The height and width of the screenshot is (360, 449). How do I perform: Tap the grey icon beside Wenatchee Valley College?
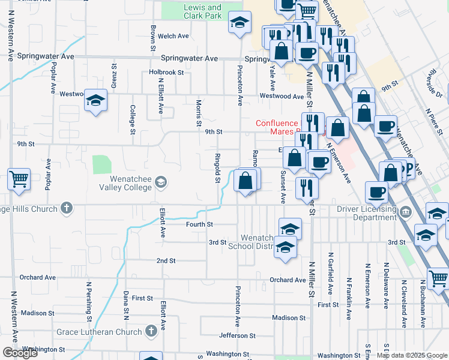pyautogui.click(x=160, y=181)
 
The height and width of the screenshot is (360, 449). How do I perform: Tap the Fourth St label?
pyautogui.click(x=202, y=224)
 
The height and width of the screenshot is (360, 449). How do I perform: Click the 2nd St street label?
pyautogui.click(x=166, y=261)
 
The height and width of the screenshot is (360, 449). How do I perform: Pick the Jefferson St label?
pyautogui.click(x=238, y=335)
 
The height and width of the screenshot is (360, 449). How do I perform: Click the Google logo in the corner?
pyautogui.click(x=20, y=353)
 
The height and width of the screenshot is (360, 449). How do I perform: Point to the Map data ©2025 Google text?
pyautogui.click(x=412, y=355)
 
